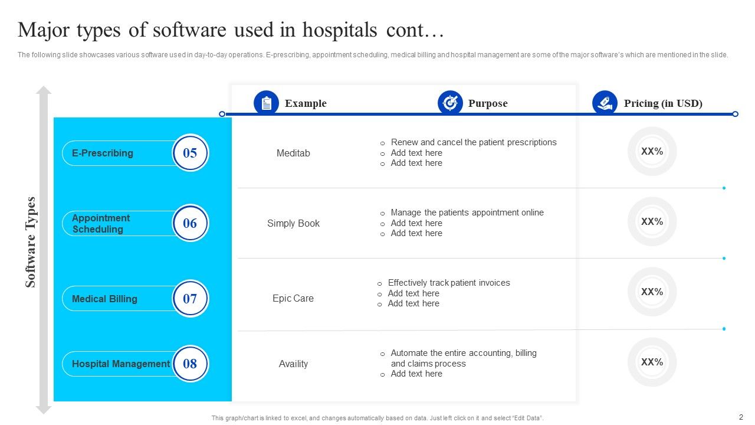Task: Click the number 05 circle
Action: tap(190, 153)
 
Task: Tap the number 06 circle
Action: tap(190, 223)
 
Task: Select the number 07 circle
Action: tap(190, 299)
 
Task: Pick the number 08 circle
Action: tap(190, 364)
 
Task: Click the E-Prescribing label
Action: tap(103, 153)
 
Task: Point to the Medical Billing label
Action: tap(104, 299)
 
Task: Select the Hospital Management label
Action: tap(120, 364)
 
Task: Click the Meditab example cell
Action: tap(293, 153)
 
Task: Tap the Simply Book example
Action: tap(293, 223)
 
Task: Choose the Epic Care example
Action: tap(293, 298)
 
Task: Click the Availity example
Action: tap(293, 364)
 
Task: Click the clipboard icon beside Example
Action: tap(266, 103)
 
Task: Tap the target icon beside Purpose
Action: tap(450, 103)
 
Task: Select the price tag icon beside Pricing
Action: tap(605, 103)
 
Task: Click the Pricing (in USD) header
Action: tap(663, 103)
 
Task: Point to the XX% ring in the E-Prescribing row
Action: tap(652, 151)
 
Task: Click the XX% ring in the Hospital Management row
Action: tap(652, 362)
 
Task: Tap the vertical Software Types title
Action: tap(31, 242)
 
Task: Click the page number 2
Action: tap(741, 417)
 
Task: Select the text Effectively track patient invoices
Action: tap(449, 283)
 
